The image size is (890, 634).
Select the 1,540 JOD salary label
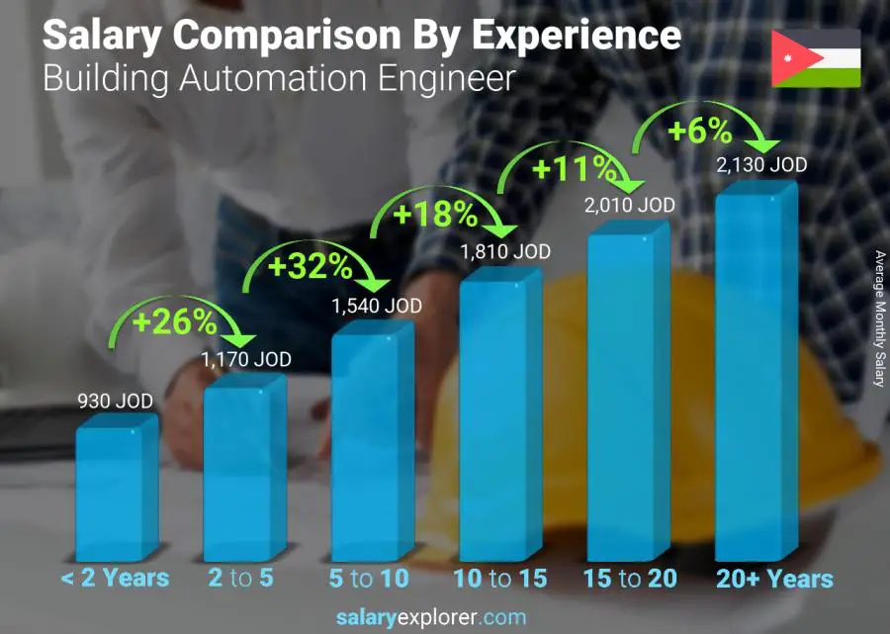click(376, 306)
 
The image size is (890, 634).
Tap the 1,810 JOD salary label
click(504, 253)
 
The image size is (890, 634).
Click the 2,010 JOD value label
click(630, 205)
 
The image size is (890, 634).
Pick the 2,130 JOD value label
click(761, 164)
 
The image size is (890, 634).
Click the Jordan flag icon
click(816, 58)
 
